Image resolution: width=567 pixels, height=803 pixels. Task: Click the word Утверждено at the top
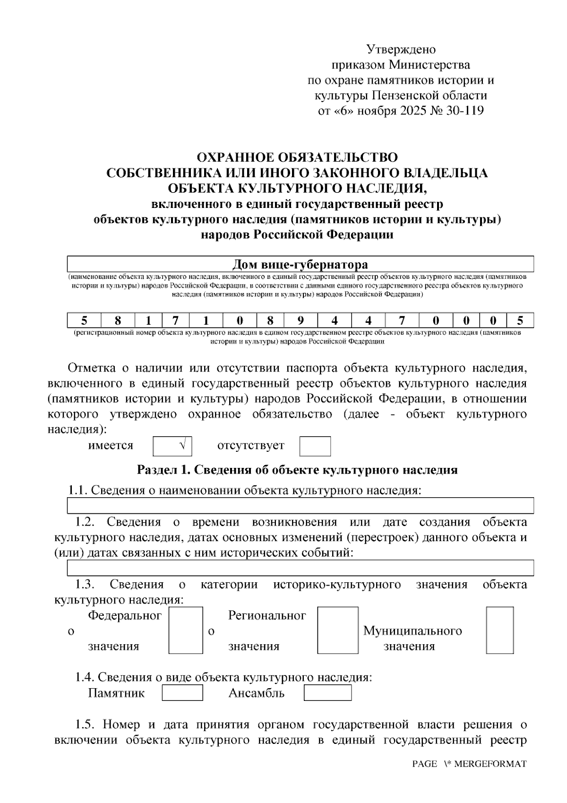(401, 50)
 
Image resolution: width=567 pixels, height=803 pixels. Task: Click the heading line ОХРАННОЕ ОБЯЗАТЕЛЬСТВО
(297, 157)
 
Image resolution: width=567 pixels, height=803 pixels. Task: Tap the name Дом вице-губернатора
(301, 264)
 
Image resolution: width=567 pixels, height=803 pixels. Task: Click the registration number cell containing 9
(300, 321)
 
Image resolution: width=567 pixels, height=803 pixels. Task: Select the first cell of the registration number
(84, 321)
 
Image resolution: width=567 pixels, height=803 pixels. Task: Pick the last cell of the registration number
(520, 321)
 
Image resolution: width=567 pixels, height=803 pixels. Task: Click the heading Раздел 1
(297, 470)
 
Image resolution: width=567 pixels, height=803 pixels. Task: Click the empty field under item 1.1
(301, 506)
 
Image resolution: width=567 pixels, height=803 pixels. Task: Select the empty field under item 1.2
(301, 568)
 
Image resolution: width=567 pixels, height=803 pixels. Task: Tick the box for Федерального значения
(186, 630)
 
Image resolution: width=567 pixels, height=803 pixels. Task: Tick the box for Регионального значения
(337, 630)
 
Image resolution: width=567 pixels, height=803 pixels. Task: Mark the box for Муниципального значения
(500, 630)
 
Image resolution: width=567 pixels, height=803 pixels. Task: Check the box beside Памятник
(182, 693)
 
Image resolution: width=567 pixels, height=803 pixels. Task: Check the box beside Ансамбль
(327, 693)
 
